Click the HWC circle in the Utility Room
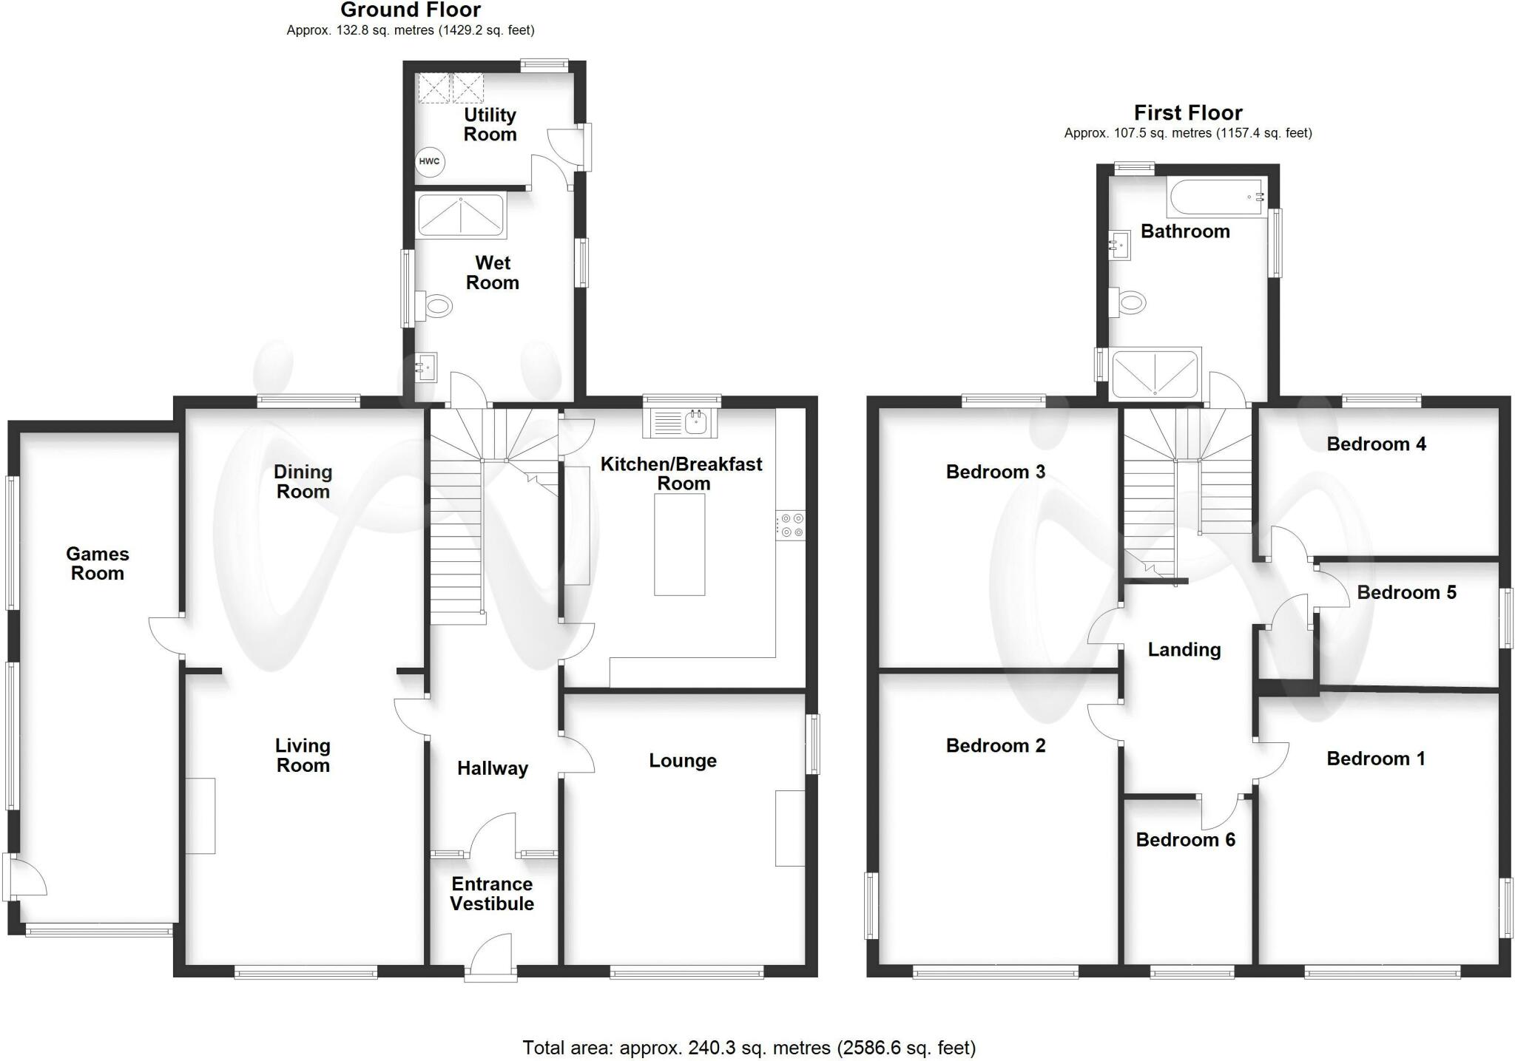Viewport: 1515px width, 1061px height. coord(429,161)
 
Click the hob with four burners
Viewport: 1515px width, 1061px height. coord(791,526)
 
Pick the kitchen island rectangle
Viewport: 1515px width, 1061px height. coord(679,544)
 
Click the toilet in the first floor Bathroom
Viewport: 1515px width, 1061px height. coord(1127,302)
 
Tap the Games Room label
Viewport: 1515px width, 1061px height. coord(98,563)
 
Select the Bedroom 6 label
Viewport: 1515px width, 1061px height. coord(1185,839)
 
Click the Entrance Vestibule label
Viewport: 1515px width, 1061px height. coord(492,894)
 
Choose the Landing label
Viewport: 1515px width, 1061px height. coord(1184,649)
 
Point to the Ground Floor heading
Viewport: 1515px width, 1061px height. coord(411,10)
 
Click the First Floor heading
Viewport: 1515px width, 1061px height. coord(1188,112)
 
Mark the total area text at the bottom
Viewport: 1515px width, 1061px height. coord(749,1048)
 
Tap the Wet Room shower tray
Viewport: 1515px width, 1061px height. coord(461,215)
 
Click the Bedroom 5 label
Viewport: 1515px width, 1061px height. coord(1406,592)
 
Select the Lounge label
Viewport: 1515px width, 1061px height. coord(683,761)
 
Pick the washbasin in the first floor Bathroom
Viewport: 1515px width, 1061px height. coord(1120,245)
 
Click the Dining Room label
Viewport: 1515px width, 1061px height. coord(303,481)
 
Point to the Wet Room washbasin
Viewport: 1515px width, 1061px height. coord(426,366)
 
